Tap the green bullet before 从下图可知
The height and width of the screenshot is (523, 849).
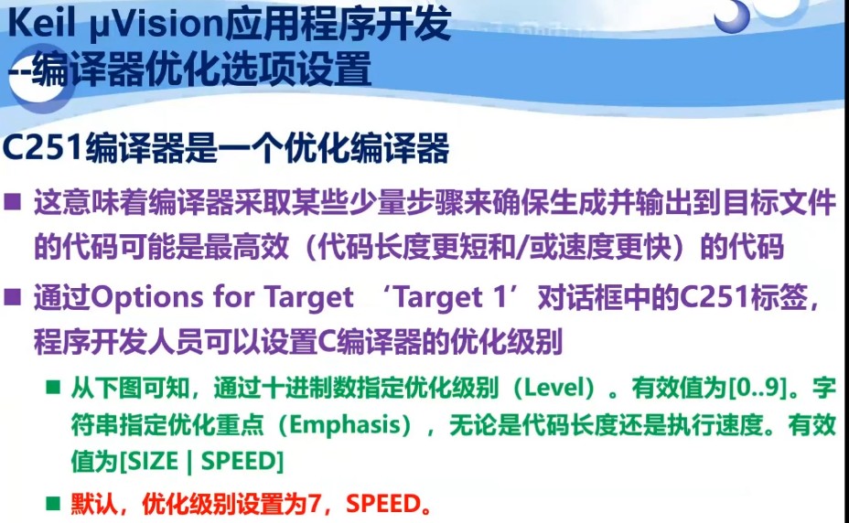tap(55, 388)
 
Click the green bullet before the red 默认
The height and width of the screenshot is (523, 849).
tap(55, 504)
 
